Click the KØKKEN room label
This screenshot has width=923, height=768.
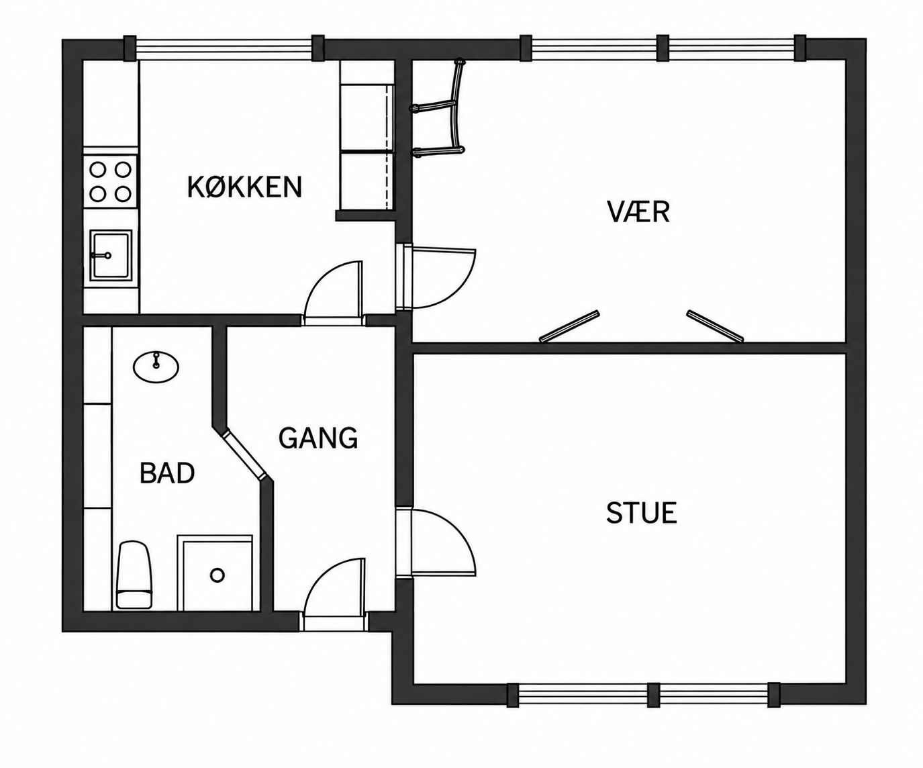(244, 187)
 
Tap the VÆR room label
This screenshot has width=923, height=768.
(638, 211)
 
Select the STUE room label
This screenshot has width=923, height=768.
(642, 513)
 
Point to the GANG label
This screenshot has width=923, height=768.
(318, 438)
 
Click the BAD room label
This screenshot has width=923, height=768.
(167, 473)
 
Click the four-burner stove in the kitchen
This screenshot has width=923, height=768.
(111, 181)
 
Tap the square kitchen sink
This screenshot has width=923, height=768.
(111, 254)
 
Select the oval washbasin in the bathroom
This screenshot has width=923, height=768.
(156, 367)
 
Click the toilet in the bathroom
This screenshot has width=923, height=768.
(134, 575)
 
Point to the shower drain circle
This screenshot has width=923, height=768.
(217, 575)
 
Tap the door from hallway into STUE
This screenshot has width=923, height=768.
(436, 542)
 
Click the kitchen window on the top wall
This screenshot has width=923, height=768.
(224, 48)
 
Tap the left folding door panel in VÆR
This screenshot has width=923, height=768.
(569, 326)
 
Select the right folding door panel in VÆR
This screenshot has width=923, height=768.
(715, 326)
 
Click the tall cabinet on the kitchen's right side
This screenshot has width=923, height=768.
(367, 135)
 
